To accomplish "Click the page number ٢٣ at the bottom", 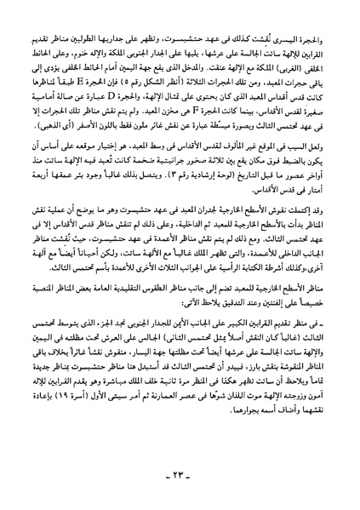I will tap(180, 482).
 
